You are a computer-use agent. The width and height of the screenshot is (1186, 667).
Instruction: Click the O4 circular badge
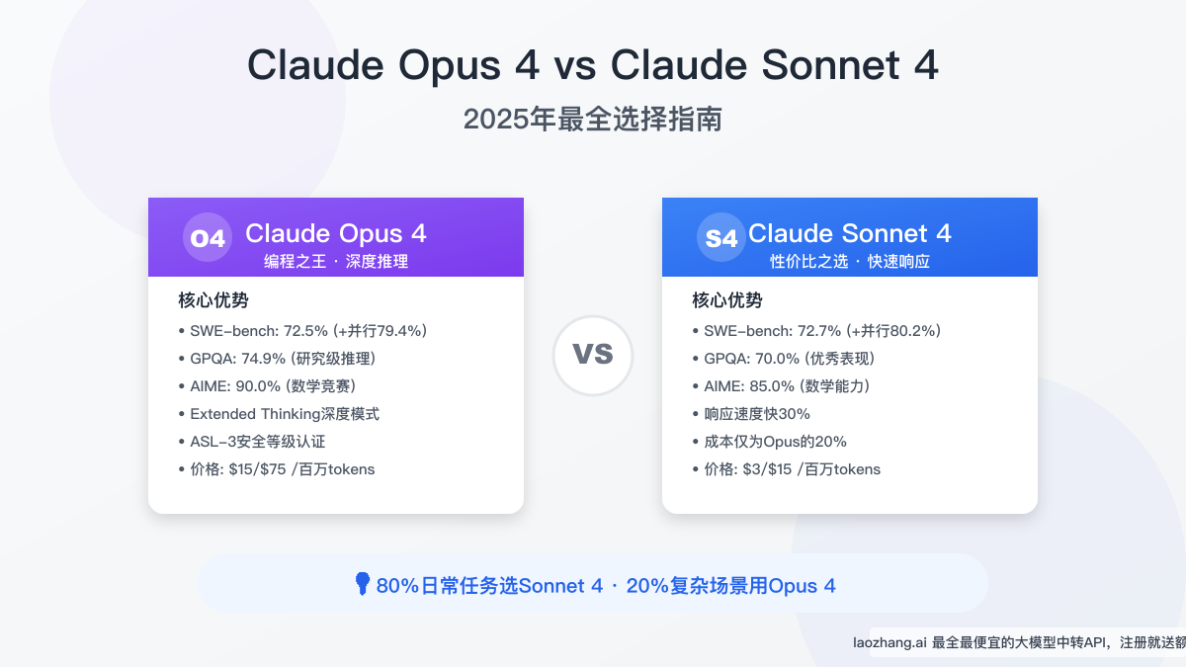(208, 238)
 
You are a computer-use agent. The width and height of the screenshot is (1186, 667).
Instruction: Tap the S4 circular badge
(721, 238)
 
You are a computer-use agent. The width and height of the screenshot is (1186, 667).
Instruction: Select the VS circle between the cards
(593, 355)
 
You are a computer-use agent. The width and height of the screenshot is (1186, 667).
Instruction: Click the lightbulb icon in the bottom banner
(363, 584)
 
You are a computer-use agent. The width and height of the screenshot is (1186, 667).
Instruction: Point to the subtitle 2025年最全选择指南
(593, 120)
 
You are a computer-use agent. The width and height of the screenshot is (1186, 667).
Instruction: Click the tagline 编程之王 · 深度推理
(336, 262)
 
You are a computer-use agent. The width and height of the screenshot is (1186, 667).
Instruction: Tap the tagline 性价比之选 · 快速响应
(850, 262)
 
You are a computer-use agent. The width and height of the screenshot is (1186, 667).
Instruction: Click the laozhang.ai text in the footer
(889, 642)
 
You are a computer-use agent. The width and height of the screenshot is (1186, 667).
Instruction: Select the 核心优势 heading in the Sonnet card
(726, 300)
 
